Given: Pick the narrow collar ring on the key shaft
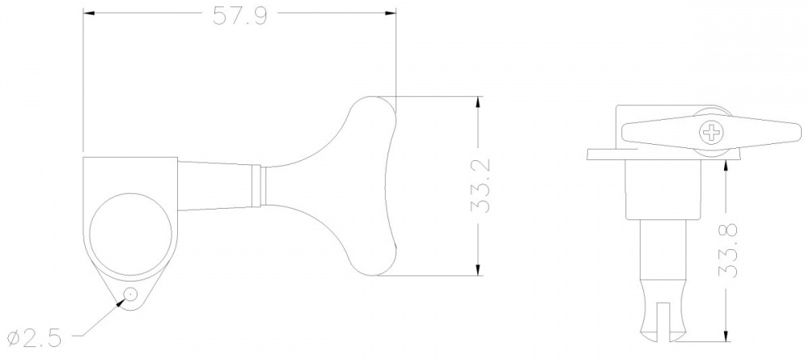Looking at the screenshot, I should click(260, 184).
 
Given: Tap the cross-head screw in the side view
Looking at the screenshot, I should click(713, 131).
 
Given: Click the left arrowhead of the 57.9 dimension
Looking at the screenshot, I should click(89, 15).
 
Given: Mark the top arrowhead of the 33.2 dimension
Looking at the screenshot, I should click(480, 102).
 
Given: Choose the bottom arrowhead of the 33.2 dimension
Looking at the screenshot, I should click(480, 270).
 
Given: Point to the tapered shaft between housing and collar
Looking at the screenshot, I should click(214, 185).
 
